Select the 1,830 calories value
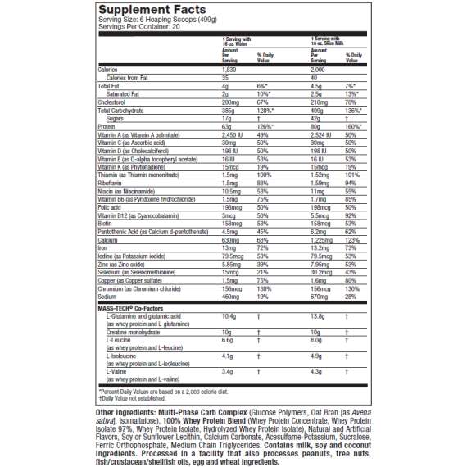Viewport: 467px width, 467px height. pos(230,70)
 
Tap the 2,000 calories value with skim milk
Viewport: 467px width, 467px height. pos(319,70)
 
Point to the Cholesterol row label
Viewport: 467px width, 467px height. pos(112,102)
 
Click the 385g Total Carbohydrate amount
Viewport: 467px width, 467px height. pos(229,110)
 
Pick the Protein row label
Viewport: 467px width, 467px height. pos(107,126)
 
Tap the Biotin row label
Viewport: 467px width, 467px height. pos(106,223)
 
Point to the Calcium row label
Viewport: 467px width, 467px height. pos(107,239)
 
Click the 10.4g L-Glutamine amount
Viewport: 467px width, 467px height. pos(229,315)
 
